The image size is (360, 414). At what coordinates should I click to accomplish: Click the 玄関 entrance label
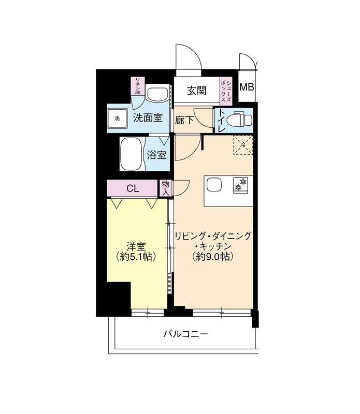pyautogui.click(x=197, y=91)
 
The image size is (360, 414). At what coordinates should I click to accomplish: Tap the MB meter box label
pyautogui.click(x=247, y=87)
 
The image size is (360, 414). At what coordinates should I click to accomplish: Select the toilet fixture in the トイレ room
pyautogui.click(x=242, y=120)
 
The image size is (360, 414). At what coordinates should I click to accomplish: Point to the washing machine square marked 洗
pyautogui.click(x=117, y=119)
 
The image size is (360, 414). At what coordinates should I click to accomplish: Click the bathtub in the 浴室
pyautogui.click(x=132, y=154)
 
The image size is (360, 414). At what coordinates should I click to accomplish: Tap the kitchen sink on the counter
pyautogui.click(x=214, y=185)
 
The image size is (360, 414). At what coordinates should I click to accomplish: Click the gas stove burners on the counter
pyautogui.click(x=241, y=185)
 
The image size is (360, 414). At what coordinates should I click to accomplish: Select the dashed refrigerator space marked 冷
pyautogui.click(x=243, y=145)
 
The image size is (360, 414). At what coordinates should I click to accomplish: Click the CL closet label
pyautogui.click(x=133, y=188)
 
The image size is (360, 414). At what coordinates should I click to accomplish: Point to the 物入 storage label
pyautogui.click(x=166, y=188)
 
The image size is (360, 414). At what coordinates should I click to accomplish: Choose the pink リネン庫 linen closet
pyautogui.click(x=138, y=86)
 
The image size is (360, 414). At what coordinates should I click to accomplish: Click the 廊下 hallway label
pyautogui.click(x=184, y=121)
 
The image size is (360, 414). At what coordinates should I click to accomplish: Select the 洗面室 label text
pyautogui.click(x=148, y=118)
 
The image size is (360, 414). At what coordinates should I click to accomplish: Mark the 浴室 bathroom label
pyautogui.click(x=157, y=155)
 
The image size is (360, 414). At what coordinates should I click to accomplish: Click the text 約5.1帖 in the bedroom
pyautogui.click(x=136, y=257)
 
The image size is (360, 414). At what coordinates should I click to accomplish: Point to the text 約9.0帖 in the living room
pyautogui.click(x=213, y=256)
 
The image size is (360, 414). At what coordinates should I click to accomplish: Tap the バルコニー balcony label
pyautogui.click(x=185, y=334)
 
